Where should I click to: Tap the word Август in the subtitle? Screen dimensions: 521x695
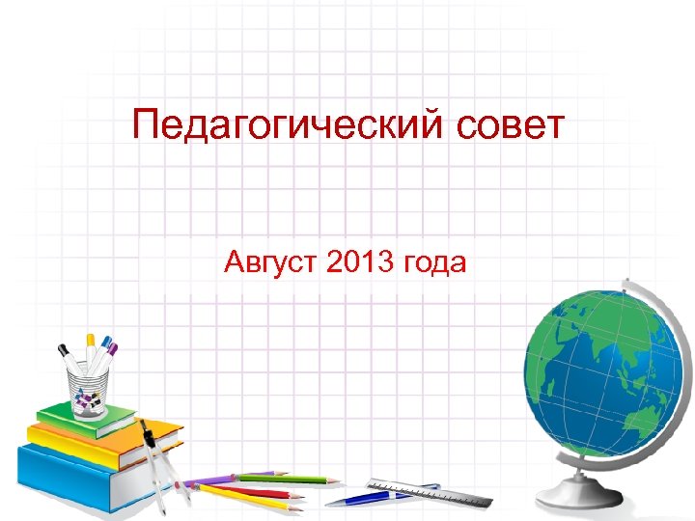271,261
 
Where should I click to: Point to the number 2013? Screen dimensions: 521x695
359,260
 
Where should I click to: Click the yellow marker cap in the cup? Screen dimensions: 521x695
91,341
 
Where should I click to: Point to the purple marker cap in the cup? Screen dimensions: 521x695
113,348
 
